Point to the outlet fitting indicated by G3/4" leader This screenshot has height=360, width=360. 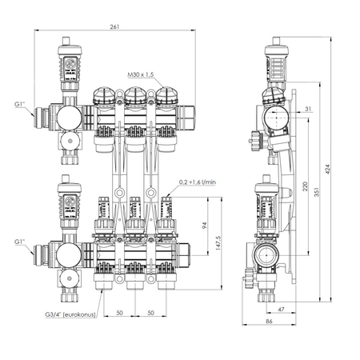(102, 283)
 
